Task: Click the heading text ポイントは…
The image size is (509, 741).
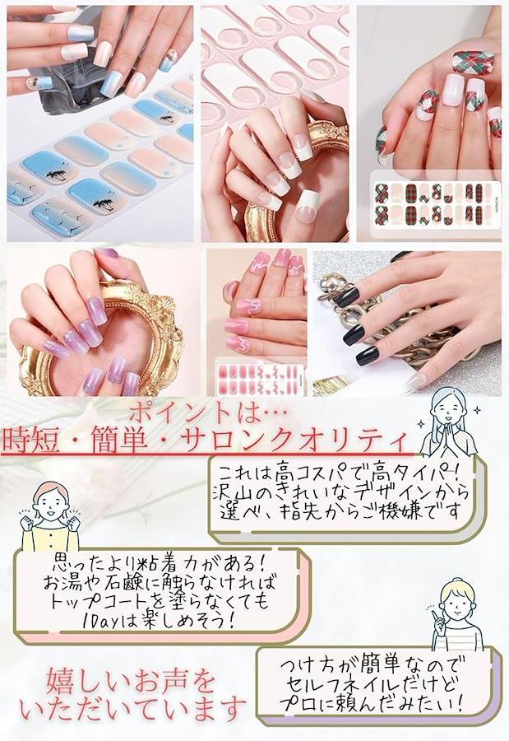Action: tap(207, 412)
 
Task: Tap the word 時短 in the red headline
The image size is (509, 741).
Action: tap(31, 440)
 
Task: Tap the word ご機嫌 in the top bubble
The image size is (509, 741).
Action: tap(403, 511)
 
